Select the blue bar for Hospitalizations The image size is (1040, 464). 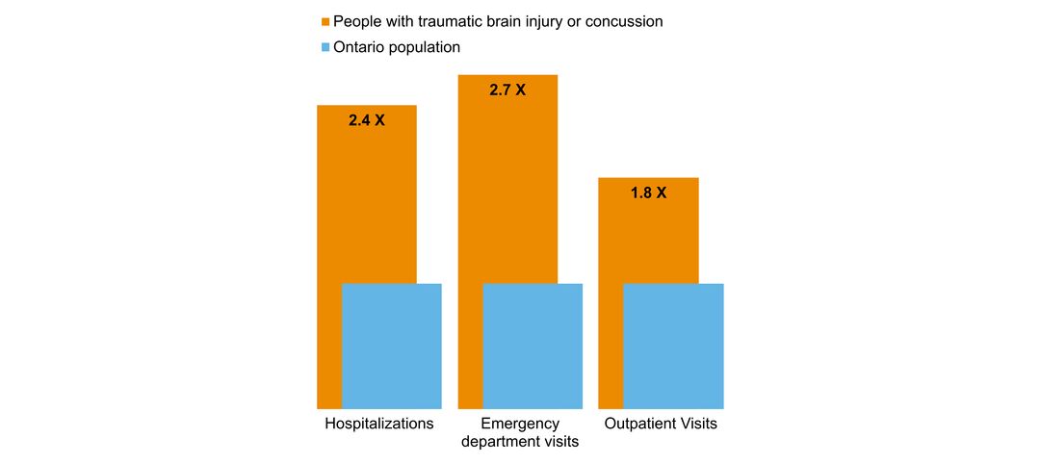(x=392, y=347)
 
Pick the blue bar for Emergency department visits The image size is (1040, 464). (x=533, y=347)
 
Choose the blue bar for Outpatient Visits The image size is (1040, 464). (x=673, y=347)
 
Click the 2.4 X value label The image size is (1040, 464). (x=366, y=120)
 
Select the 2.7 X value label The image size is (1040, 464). (x=507, y=90)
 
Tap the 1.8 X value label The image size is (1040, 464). (x=648, y=193)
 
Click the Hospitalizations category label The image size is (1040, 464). (x=378, y=424)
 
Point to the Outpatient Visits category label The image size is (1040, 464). (x=661, y=424)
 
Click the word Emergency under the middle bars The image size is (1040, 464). (x=520, y=424)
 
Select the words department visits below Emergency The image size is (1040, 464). (x=520, y=442)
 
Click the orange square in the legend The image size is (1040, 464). (x=325, y=21)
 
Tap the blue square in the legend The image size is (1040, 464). (x=325, y=47)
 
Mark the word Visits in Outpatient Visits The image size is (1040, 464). (x=696, y=424)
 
